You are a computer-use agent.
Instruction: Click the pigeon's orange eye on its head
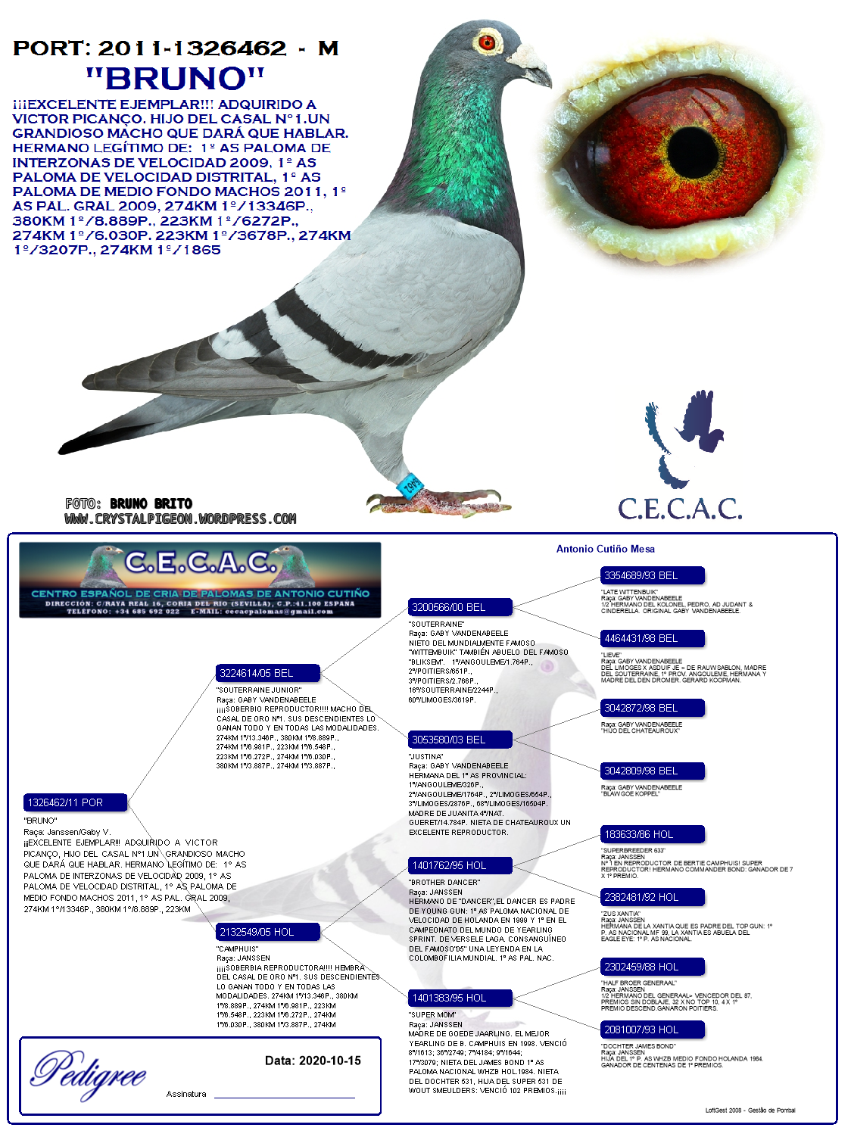pos(487,40)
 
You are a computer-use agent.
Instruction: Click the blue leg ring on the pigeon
pos(411,485)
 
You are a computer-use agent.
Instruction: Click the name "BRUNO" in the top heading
pos(175,79)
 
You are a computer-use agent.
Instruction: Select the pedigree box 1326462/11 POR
pos(75,802)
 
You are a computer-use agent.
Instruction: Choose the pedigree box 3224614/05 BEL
pos(267,673)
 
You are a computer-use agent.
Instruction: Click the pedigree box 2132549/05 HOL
pos(267,932)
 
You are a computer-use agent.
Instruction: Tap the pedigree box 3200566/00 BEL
pos(460,607)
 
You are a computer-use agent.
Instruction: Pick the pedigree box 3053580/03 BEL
pos(460,740)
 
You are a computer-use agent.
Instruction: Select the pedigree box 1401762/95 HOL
pos(460,865)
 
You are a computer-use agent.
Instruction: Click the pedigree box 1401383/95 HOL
pos(460,998)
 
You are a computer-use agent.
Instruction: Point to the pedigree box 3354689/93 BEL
pos(652,575)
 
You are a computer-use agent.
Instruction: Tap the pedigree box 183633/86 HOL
pos(652,834)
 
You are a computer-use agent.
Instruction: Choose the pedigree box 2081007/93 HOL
pos(652,1030)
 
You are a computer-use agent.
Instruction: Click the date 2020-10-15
pos(329,1061)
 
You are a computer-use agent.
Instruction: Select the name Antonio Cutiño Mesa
pos(605,549)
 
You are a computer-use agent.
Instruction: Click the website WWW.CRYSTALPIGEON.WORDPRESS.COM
pos(180,519)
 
